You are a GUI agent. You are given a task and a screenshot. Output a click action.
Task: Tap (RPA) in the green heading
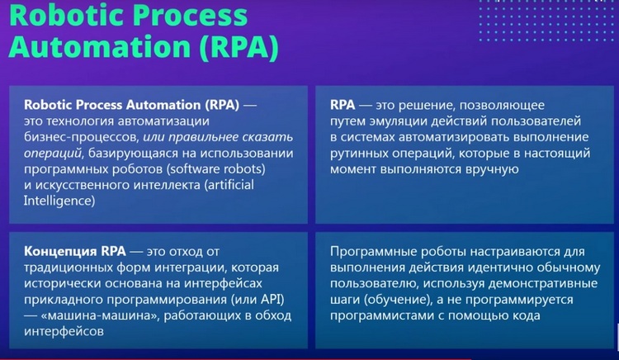[x=239, y=47]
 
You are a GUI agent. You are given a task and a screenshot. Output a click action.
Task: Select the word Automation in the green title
[x=100, y=47]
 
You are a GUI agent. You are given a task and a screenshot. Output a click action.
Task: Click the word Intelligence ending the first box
[x=59, y=201]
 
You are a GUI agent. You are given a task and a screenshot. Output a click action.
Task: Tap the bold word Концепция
[x=60, y=252]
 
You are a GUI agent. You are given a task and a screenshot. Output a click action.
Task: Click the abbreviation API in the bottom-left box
[x=272, y=299]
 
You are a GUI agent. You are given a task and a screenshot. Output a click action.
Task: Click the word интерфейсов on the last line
[x=64, y=331]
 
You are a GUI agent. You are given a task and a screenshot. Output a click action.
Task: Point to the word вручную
[x=492, y=169]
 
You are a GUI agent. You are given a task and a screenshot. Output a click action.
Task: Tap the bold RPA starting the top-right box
[x=343, y=105]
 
